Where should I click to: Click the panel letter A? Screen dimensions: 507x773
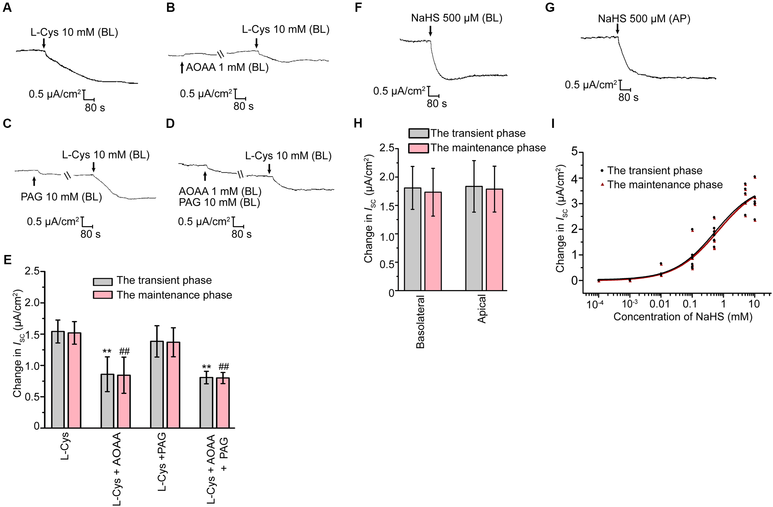point(7,7)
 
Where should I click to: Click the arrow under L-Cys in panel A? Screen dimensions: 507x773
point(44,43)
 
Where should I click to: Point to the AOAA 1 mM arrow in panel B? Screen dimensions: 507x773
point(182,67)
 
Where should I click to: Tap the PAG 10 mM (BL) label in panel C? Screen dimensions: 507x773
point(61,197)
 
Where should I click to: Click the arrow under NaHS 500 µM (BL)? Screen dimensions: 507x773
point(430,31)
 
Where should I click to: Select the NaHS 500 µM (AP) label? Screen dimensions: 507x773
point(644,19)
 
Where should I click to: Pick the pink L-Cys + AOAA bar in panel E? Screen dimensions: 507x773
point(124,401)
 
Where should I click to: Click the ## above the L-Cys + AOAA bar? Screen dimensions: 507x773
point(124,351)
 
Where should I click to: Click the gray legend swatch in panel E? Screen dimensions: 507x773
point(103,282)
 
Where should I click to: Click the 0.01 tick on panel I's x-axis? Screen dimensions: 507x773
point(660,304)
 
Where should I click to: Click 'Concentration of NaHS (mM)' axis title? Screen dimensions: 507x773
point(683,317)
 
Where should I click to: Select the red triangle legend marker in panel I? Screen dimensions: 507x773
point(602,184)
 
